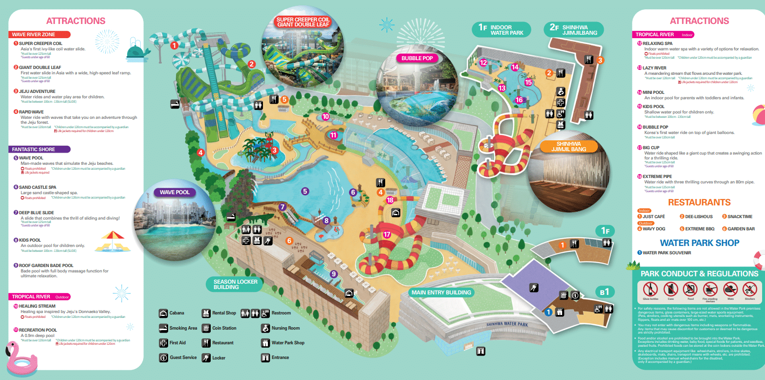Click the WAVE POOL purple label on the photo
point(175,192)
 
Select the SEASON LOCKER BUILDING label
point(235,285)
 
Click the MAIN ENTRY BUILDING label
point(442,292)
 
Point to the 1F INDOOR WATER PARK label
point(502,30)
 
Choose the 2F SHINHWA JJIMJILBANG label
point(574,30)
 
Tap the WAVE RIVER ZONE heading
point(40,35)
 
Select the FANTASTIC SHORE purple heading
point(40,149)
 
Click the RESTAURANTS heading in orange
point(699,202)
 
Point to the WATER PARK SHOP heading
point(699,243)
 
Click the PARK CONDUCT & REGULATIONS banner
point(699,274)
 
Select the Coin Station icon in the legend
point(206,328)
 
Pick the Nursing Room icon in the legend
point(265,328)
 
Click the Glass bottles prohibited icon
point(650,289)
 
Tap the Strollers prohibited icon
point(749,289)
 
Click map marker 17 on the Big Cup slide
point(387,234)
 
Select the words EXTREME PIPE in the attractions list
point(657,177)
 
